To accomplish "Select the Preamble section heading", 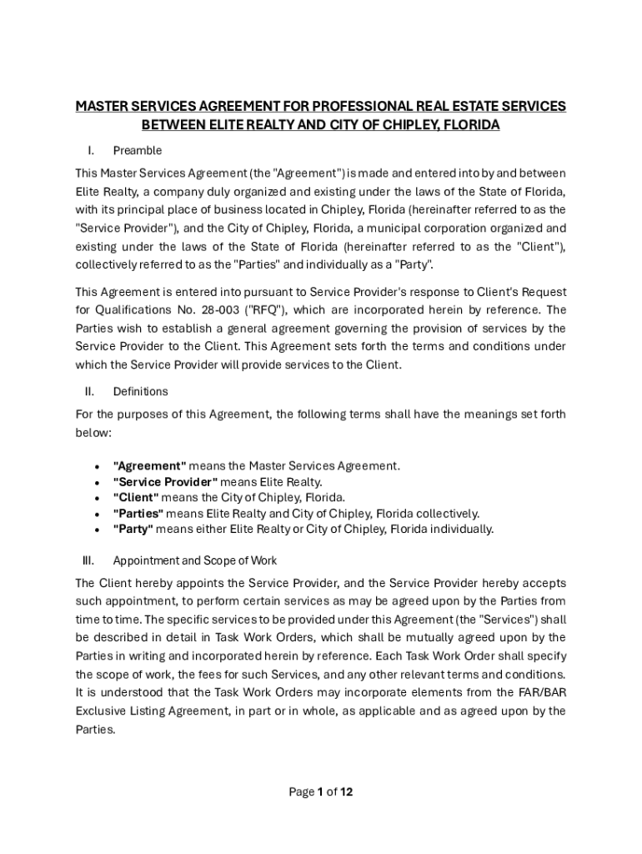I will coord(138,151).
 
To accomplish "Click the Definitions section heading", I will coord(140,391).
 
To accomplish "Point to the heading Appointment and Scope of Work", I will coord(195,560).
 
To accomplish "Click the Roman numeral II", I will coord(89,391).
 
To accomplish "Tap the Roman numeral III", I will coord(89,560).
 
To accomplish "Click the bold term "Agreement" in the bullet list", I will coord(149,466).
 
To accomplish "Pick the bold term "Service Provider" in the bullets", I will coord(165,482).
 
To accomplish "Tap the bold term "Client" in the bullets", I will coord(136,498).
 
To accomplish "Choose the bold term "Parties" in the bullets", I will coord(138,514).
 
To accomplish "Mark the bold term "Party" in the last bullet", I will coord(133,529).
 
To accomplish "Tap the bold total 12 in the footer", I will coord(346,792).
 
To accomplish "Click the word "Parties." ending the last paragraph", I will coord(95,728).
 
